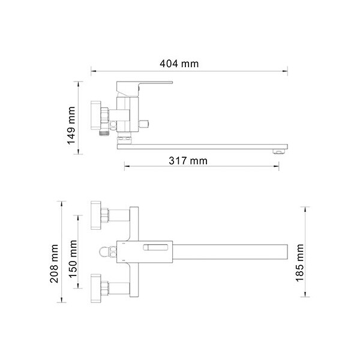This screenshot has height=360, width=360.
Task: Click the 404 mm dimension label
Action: (x=179, y=64)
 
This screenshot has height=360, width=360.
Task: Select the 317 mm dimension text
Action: (x=188, y=160)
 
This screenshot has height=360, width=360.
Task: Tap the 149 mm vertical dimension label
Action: (x=71, y=125)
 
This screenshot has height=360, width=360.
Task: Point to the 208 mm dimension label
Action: (x=54, y=263)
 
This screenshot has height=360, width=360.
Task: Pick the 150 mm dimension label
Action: (x=73, y=259)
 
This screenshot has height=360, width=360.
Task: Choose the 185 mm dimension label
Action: (x=299, y=263)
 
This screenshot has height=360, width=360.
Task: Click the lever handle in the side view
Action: (x=144, y=88)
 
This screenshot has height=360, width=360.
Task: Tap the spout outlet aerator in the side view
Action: (x=278, y=151)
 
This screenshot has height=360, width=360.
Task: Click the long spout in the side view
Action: (x=202, y=147)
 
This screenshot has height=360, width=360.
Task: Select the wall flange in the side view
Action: (x=96, y=115)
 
